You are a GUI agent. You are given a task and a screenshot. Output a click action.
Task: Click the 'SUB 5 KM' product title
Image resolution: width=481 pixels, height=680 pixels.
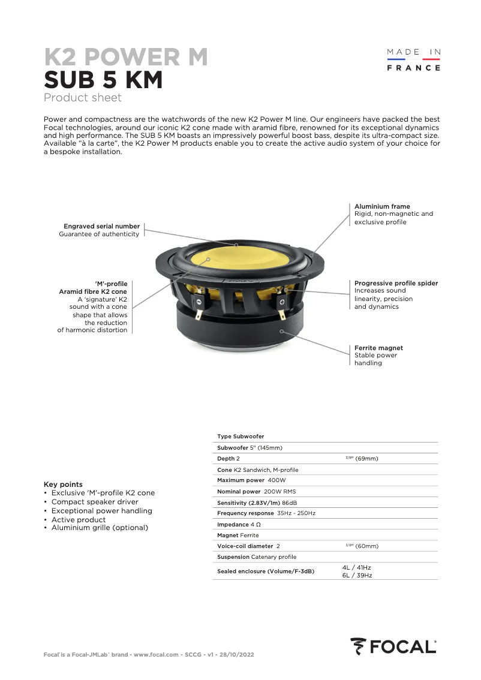(x=103, y=80)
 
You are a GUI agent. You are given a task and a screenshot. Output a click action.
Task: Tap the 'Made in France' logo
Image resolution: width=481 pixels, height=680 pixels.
(x=413, y=60)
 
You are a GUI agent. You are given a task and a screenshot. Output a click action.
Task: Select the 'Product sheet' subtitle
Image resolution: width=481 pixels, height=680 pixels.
(x=82, y=98)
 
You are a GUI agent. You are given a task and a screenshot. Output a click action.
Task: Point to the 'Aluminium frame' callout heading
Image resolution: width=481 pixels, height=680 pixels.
(x=382, y=206)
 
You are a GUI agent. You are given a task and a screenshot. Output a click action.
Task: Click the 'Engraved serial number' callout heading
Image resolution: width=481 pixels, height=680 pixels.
(x=101, y=226)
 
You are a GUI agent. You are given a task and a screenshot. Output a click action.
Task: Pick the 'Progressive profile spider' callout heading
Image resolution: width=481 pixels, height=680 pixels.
(x=396, y=283)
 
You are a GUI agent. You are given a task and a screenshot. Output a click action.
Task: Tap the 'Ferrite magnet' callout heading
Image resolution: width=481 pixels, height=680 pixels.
(x=378, y=348)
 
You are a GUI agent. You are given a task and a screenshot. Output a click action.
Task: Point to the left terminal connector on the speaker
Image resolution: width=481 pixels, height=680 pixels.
(x=197, y=301)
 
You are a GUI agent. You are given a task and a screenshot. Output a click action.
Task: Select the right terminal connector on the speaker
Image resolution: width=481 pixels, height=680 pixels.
(x=282, y=301)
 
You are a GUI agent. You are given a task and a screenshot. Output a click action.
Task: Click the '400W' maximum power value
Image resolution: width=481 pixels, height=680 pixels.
(x=276, y=480)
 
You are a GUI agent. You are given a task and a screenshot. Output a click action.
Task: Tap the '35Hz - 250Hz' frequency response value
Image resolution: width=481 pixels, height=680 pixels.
(x=296, y=513)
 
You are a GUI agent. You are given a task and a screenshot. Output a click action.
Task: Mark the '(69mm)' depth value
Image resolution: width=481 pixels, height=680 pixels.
(x=366, y=459)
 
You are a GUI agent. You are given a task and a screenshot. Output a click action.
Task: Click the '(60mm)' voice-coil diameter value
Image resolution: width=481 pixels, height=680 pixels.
(x=367, y=546)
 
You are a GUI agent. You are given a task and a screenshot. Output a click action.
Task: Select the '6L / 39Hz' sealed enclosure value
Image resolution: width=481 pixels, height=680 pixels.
(x=357, y=575)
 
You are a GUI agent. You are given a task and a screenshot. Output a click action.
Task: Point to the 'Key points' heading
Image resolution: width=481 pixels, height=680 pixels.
(x=63, y=484)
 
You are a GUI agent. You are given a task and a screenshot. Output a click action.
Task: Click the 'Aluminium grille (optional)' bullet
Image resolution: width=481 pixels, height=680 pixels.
(x=100, y=528)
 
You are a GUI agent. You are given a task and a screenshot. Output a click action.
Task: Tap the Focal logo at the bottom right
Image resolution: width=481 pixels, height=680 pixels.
(x=393, y=646)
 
